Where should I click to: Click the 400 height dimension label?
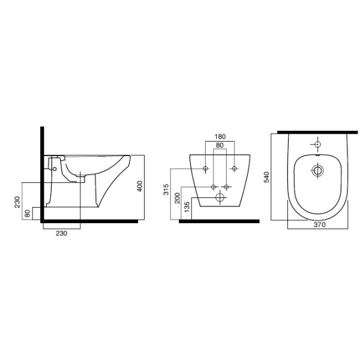tap(139, 187)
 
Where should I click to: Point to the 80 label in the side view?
tap(28, 212)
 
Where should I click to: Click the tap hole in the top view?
tap(316, 145)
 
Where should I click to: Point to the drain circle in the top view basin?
tap(316, 170)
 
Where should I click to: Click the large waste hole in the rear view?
tap(220, 197)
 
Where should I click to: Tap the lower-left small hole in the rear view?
tap(214, 187)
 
